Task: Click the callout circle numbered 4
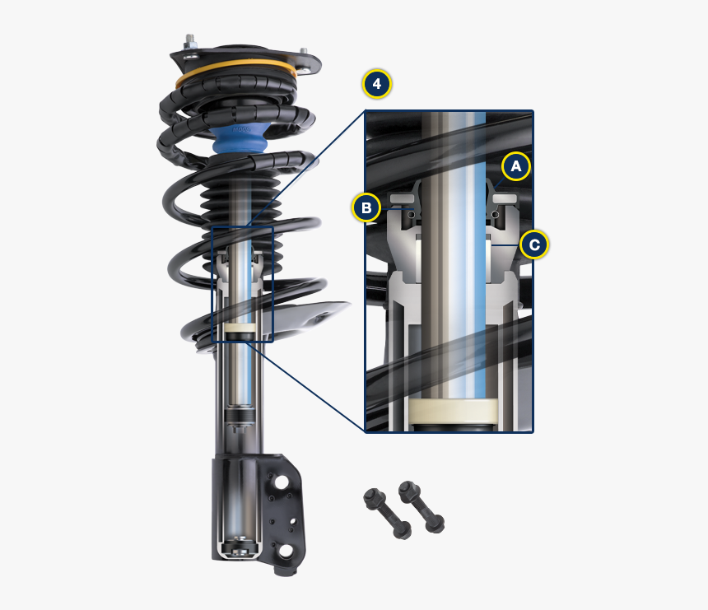point(376,84)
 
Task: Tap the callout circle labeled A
point(516,166)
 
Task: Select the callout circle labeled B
point(366,207)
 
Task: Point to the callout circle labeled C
point(534,244)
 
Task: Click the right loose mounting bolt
point(421,505)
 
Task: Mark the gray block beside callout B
point(403,198)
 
